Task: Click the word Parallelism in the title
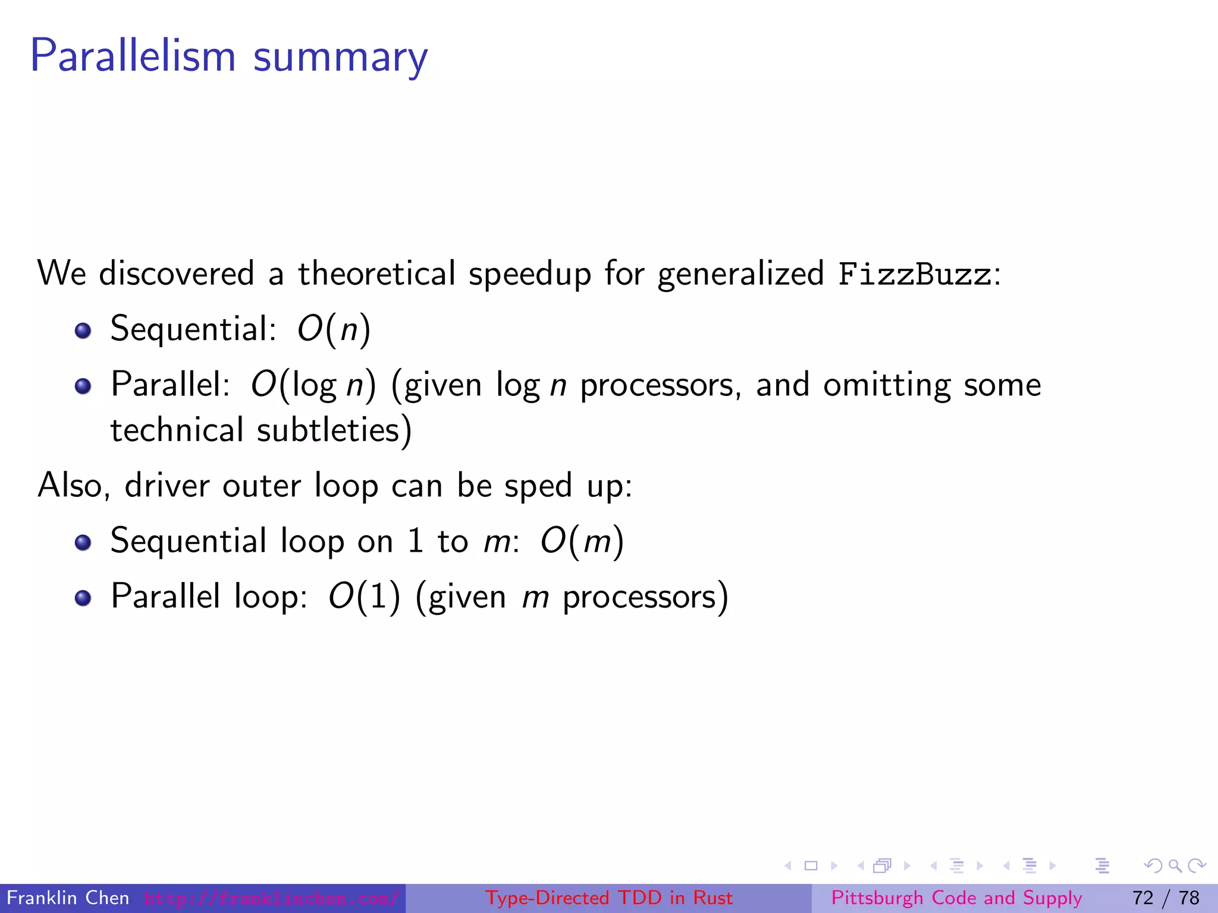tap(133, 56)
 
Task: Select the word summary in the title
tap(340, 58)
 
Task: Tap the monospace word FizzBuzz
tap(915, 274)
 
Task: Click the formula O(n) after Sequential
tap(334, 329)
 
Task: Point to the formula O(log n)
tap(313, 385)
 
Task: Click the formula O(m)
tap(582, 541)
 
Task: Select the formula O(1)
tap(365, 596)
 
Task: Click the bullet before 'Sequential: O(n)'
tap(83, 330)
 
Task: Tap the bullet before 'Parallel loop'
tap(83, 598)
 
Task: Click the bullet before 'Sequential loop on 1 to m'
tap(83, 543)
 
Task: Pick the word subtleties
tap(329, 430)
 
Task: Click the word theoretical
tap(376, 273)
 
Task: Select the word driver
tap(167, 486)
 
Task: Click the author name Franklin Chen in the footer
tap(68, 898)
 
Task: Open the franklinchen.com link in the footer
tap(271, 898)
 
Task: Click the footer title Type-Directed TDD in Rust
tap(609, 898)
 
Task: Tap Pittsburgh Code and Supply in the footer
tap(956, 898)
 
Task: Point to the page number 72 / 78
tap(1166, 898)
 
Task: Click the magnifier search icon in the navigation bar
tap(1175, 865)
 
